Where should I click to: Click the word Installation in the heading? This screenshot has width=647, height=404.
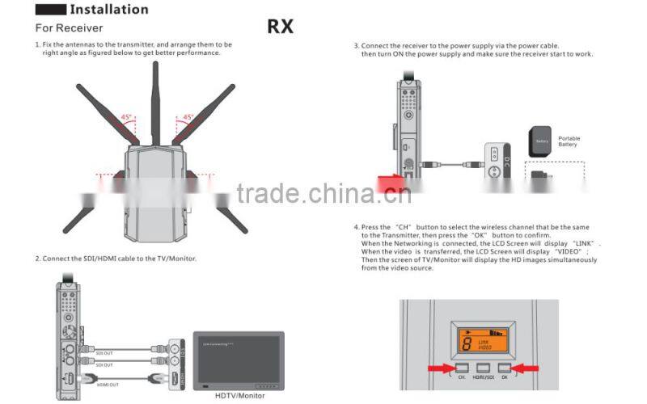point(108,10)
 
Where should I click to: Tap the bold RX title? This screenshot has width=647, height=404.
point(280,27)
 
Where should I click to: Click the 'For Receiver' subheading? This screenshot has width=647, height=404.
point(69,28)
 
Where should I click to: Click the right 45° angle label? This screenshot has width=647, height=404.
point(188,117)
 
